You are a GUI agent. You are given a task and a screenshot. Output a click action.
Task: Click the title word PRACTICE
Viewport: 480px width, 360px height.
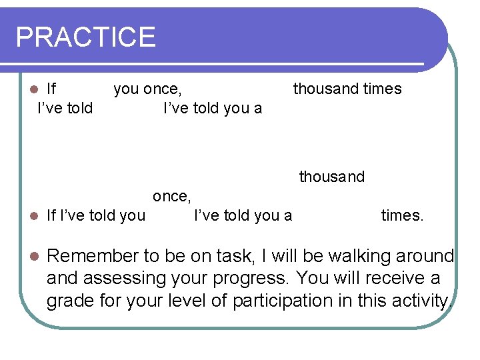point(85,37)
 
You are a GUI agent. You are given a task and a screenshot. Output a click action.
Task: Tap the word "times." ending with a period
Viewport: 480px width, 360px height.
point(402,215)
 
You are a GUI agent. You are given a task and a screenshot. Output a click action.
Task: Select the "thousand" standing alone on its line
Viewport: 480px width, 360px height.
point(331,177)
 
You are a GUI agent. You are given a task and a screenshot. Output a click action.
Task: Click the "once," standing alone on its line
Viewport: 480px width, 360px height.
point(172,196)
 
